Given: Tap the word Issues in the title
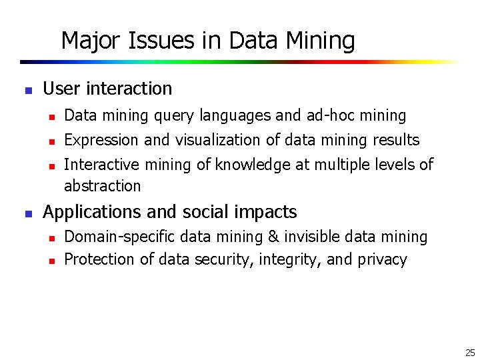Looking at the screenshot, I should (x=148, y=41).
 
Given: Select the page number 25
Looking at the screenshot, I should (x=469, y=353).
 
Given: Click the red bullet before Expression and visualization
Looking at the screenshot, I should (x=51, y=141).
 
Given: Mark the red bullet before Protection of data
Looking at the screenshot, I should (x=51, y=260).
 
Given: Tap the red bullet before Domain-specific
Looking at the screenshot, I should (x=51, y=237).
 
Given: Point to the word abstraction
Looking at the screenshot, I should (x=102, y=185).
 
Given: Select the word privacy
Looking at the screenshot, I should (x=382, y=259).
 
